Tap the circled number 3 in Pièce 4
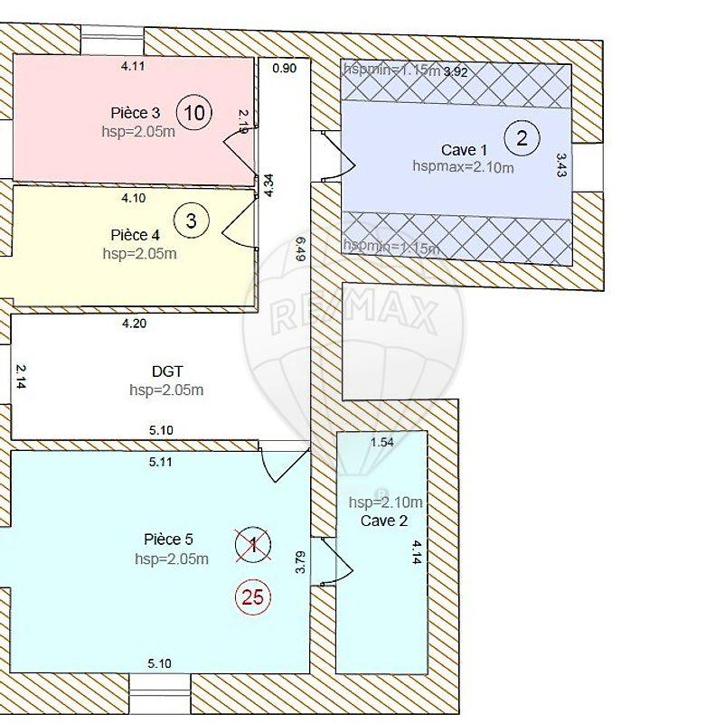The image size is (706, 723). [192, 219]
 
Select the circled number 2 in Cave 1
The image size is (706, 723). [521, 138]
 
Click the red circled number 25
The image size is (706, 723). [253, 596]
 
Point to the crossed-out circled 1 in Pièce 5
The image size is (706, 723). [253, 544]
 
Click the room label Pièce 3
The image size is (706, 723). [136, 113]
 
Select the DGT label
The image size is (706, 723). [166, 371]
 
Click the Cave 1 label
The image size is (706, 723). [464, 149]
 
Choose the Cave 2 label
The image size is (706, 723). [384, 521]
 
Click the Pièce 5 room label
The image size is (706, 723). [168, 539]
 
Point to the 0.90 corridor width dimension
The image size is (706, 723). [284, 68]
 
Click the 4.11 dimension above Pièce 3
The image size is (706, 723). [134, 65]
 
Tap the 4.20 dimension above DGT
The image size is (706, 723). [134, 323]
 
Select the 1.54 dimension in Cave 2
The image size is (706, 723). [383, 442]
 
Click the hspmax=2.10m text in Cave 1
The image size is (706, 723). [463, 166]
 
